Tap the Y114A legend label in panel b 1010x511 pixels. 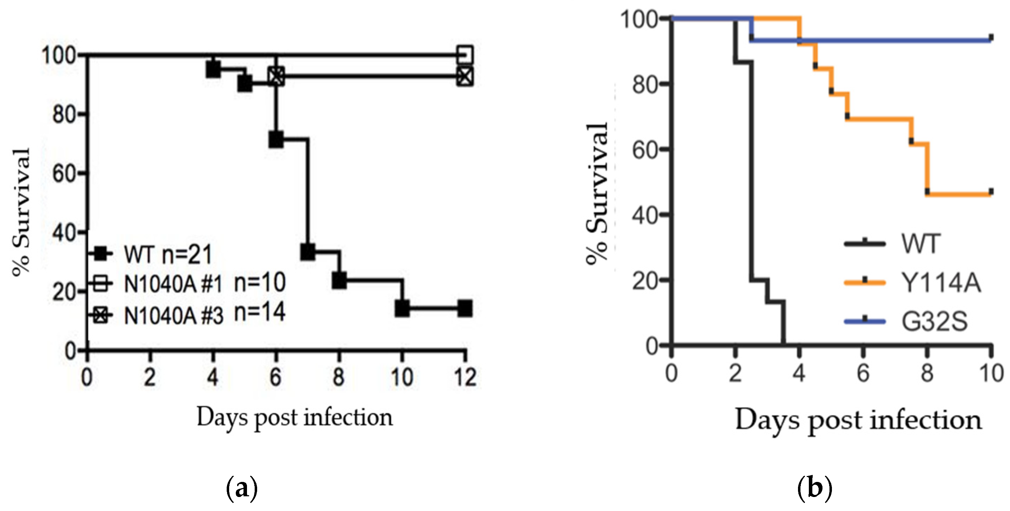click(x=940, y=283)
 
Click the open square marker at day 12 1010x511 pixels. click(x=465, y=55)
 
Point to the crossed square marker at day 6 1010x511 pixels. click(x=276, y=76)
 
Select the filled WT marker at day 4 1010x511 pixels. click(x=213, y=69)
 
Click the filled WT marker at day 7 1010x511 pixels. click(x=308, y=251)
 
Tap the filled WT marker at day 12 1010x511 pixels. click(x=465, y=309)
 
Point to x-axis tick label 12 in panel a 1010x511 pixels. click(x=465, y=377)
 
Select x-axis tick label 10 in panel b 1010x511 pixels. click(x=991, y=373)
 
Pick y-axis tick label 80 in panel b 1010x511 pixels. click(x=644, y=84)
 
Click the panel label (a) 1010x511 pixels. click(x=242, y=488)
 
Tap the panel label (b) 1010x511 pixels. click(x=815, y=488)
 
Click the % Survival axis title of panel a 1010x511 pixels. click(x=22, y=212)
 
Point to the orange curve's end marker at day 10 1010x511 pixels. click(x=991, y=192)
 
